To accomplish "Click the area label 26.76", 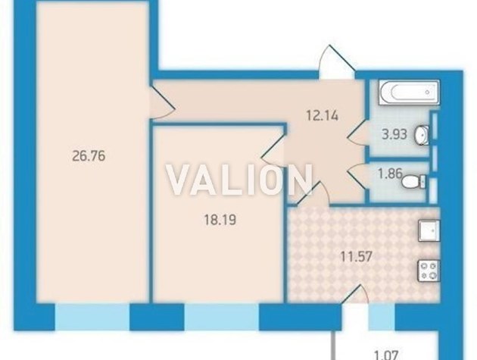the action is coord(89,156).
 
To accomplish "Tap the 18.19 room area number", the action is coord(220,220).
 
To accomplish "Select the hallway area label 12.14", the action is coord(322,116).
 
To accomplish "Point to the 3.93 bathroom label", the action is coord(394,134).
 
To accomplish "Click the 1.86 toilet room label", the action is coord(390,174).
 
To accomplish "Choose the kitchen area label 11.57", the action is coord(356,256).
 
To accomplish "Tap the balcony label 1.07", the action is coord(386,355).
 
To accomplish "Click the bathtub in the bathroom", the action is coord(410,92).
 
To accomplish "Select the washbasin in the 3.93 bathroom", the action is coord(422,134).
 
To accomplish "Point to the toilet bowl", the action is coord(413,182).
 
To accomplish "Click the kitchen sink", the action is coord(429,230).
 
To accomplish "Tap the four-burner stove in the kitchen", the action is coord(429,271).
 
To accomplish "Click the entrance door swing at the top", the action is coord(338,62).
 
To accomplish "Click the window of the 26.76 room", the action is coord(92,317).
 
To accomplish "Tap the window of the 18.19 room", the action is coord(221,317).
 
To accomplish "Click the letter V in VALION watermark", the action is coord(180,180).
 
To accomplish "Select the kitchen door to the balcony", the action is coord(355,295).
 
